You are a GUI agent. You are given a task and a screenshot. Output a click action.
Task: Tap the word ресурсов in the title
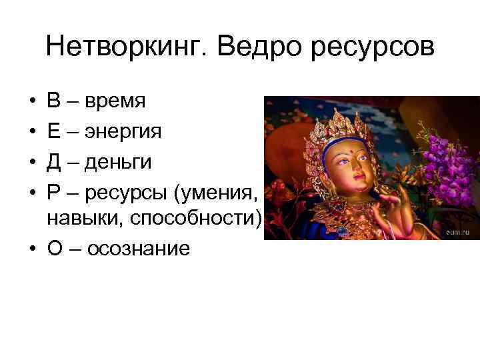pos(375,48)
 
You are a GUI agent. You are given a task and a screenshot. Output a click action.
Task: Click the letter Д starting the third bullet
pos(54,161)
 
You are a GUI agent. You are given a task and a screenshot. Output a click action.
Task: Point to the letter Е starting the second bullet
pos(53,131)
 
